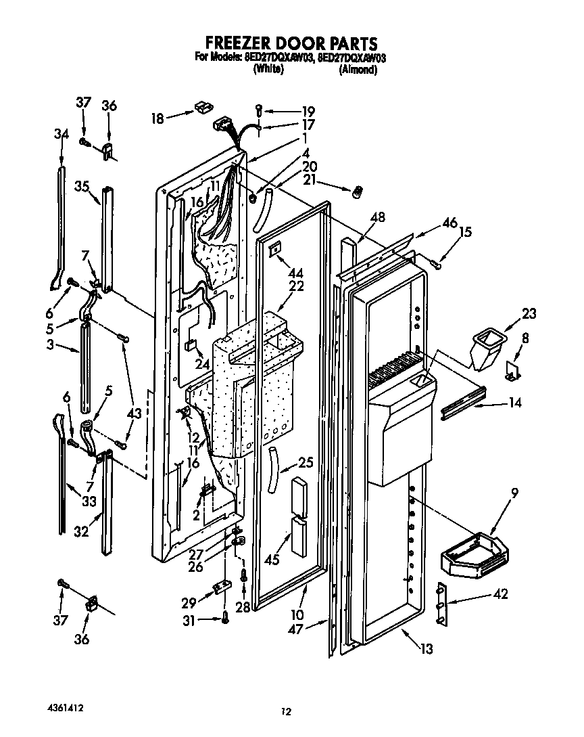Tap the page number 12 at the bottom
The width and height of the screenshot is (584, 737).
coord(287,711)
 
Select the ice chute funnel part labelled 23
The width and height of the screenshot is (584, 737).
coord(488,347)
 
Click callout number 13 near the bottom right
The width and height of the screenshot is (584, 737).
coord(426,650)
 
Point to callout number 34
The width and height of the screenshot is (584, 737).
coord(61,134)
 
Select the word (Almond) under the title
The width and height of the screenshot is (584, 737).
coord(357,70)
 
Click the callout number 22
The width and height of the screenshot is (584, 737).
coord(295,286)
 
